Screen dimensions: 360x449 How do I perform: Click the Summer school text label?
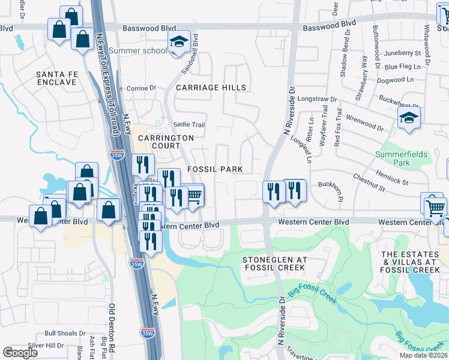[x=138, y=50]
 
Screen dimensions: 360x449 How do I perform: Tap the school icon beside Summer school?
[x=178, y=43]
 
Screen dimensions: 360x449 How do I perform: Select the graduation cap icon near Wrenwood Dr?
[x=409, y=118]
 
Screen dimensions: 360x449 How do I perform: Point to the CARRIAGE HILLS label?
[x=211, y=88]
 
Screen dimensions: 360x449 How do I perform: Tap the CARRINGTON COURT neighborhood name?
[x=166, y=142]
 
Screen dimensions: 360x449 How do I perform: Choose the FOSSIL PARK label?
[x=215, y=169]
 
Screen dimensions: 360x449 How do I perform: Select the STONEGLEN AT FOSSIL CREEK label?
[x=274, y=263]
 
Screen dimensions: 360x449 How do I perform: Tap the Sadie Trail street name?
[x=189, y=125]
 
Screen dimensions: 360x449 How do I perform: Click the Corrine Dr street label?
[x=141, y=88]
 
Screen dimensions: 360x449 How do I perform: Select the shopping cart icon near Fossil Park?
[x=194, y=196]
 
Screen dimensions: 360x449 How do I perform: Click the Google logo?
[x=20, y=353]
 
